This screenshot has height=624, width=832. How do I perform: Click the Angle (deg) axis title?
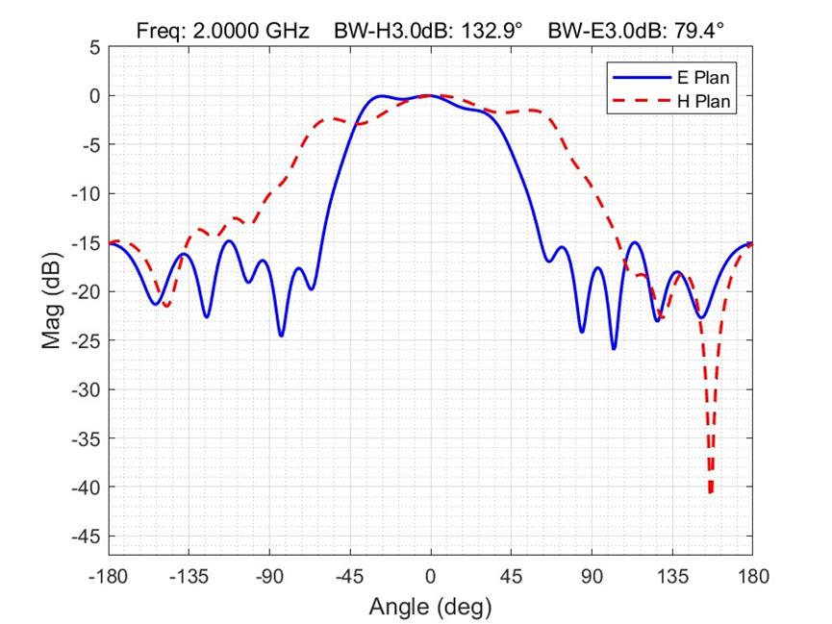(x=430, y=607)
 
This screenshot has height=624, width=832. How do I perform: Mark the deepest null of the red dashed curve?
(x=711, y=492)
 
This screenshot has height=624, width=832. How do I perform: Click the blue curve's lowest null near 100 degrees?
(x=614, y=348)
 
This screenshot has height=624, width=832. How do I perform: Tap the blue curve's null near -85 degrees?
(x=281, y=335)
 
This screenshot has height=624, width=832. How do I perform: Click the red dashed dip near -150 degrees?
(x=166, y=306)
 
